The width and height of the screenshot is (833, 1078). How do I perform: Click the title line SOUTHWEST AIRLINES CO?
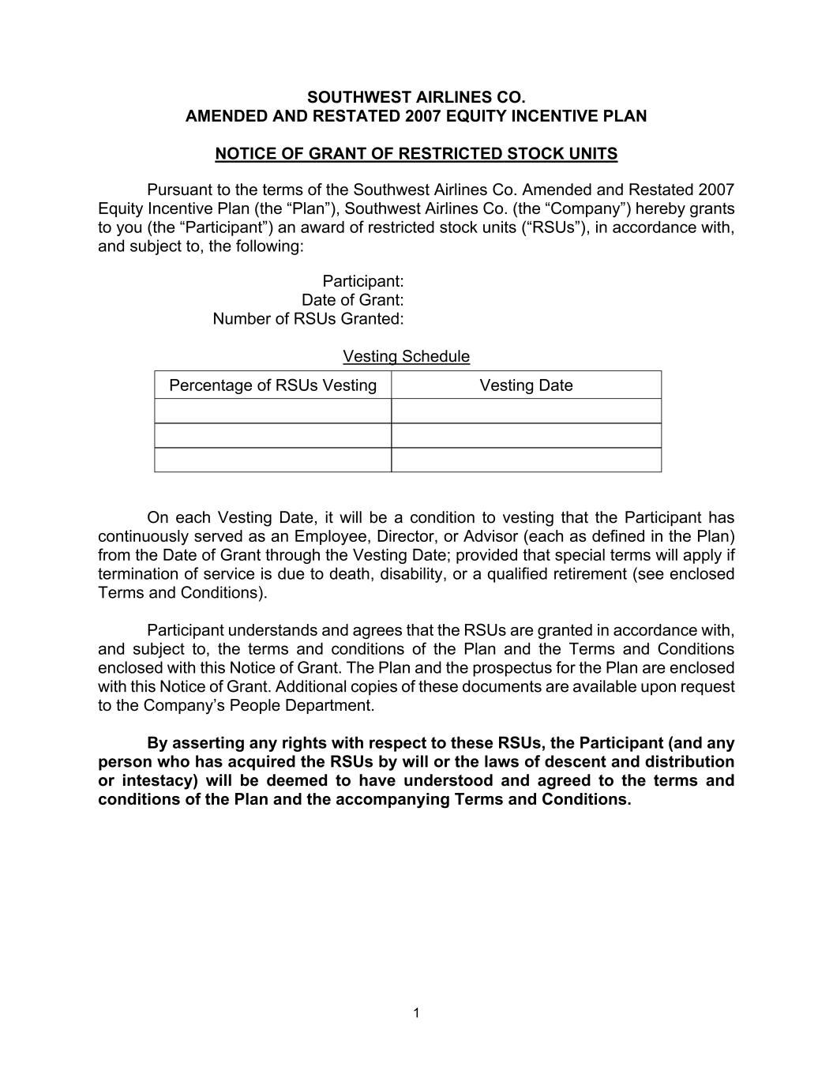click(416, 97)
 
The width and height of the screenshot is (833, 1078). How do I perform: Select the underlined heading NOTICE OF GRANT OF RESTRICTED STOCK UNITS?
click(416, 154)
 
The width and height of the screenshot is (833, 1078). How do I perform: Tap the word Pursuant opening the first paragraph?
click(178, 190)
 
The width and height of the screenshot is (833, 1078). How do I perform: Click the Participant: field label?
click(363, 281)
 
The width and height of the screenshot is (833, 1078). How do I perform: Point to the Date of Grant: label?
click(353, 300)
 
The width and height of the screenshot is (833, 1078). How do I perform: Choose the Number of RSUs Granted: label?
click(308, 319)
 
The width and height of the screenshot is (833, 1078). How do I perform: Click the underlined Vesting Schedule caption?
click(406, 357)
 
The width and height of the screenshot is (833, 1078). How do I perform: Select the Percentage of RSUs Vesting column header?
click(272, 385)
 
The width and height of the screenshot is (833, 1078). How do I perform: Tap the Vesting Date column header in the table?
click(526, 385)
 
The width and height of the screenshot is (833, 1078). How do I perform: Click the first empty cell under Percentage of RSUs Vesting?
click(272, 411)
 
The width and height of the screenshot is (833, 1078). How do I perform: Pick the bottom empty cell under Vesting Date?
click(526, 460)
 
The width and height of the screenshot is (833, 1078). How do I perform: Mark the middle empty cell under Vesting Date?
click(526, 435)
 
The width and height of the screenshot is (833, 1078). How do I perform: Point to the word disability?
click(412, 574)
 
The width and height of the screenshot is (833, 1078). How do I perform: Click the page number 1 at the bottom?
click(416, 1013)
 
